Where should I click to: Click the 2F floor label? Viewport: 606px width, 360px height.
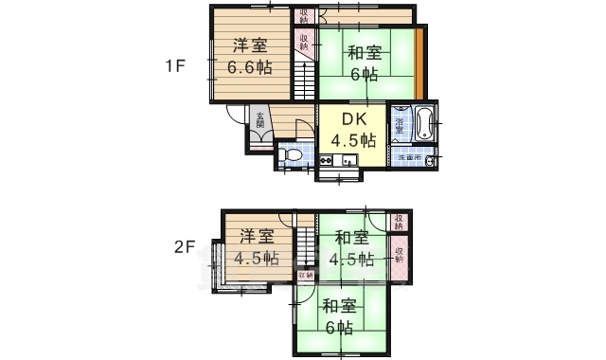point(184,248)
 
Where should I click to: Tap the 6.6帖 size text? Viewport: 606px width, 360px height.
point(250,67)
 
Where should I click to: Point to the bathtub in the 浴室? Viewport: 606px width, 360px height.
point(423,122)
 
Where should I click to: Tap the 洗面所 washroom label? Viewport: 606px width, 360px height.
point(409,156)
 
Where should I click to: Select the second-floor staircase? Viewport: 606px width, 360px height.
point(305,248)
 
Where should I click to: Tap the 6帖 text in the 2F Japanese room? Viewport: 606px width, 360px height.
point(339,327)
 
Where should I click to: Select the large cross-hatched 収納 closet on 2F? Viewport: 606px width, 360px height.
point(400,257)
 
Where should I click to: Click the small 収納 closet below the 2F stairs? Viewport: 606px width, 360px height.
point(305,275)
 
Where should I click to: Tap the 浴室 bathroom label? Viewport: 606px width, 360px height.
point(401,124)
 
